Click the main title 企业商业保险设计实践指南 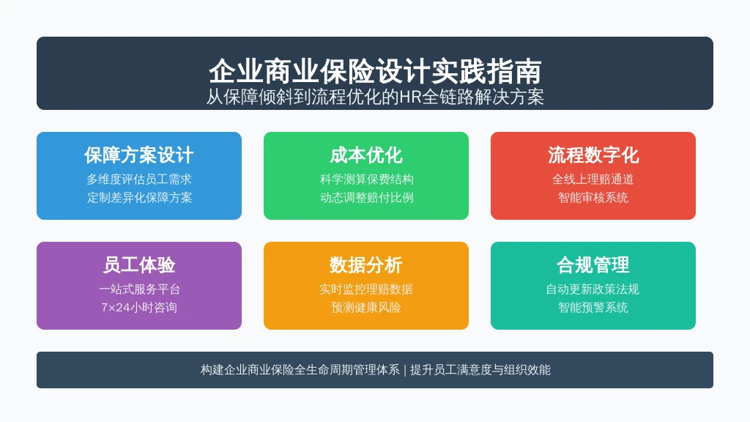point(375,71)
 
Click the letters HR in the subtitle point(410,97)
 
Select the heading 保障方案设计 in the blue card point(138,155)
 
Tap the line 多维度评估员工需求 point(138,179)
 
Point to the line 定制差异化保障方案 point(139,198)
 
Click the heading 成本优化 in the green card point(366,155)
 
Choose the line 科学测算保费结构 point(366,179)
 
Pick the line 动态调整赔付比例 point(366,198)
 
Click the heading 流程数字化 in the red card point(593,155)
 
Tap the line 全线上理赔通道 point(593,179)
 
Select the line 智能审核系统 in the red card point(593,198)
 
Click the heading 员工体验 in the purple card point(138,265)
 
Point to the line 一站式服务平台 point(139,289)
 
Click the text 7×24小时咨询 point(138,307)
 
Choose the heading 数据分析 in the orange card point(366,265)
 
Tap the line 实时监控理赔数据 point(366,289)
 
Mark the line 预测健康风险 point(366,307)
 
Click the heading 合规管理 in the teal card point(593,265)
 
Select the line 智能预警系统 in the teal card point(593,307)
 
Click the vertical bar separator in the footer point(404,370)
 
